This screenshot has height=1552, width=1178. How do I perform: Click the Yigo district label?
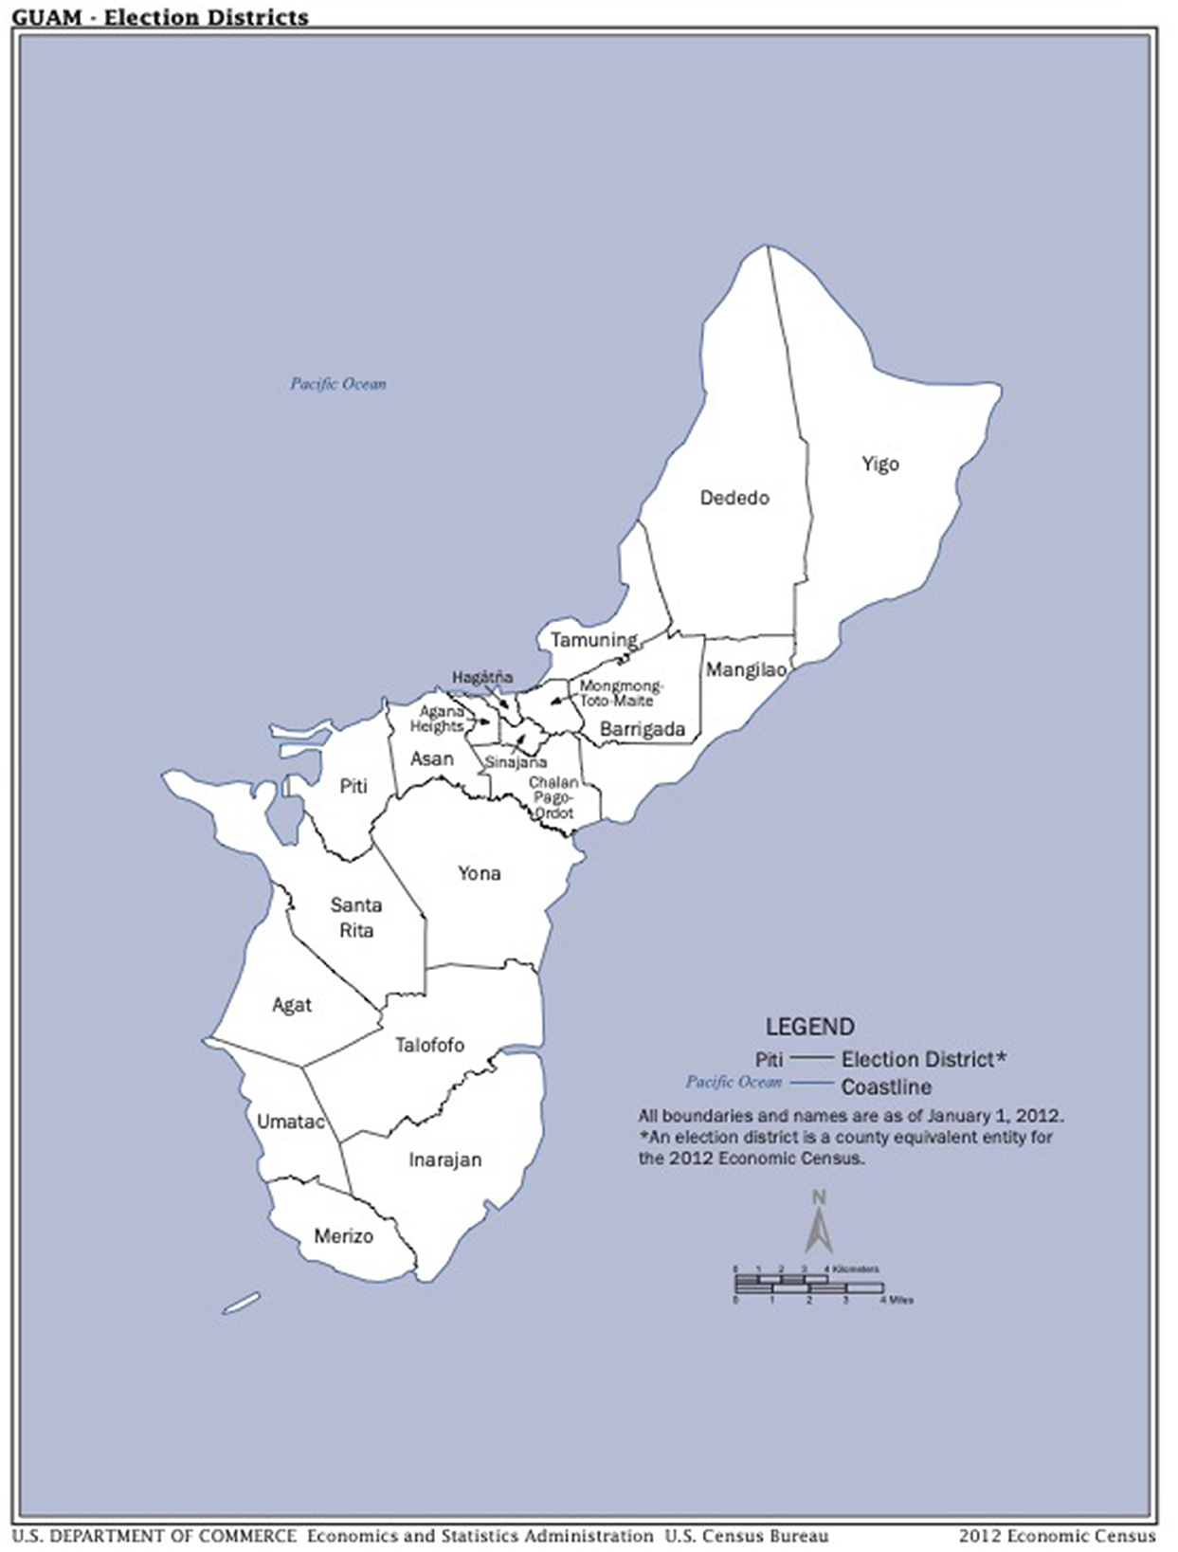pyautogui.click(x=879, y=464)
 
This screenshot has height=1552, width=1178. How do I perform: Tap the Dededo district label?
pyautogui.click(x=734, y=498)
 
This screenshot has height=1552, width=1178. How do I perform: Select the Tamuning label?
pyautogui.click(x=594, y=640)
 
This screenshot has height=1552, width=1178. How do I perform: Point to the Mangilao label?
pyautogui.click(x=746, y=670)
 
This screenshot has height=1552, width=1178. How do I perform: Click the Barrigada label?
pyautogui.click(x=643, y=729)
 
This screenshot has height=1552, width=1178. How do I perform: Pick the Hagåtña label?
pyautogui.click(x=482, y=677)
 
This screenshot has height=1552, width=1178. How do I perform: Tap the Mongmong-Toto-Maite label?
pyautogui.click(x=621, y=693)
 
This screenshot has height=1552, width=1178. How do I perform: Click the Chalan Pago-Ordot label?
pyautogui.click(x=553, y=797)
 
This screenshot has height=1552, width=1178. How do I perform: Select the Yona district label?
pyautogui.click(x=479, y=873)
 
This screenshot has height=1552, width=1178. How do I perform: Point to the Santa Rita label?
pyautogui.click(x=356, y=918)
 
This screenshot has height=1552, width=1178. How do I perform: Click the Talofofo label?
pyautogui.click(x=429, y=1045)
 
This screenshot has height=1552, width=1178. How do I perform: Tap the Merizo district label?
pyautogui.click(x=343, y=1236)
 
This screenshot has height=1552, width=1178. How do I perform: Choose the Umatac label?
pyautogui.click(x=291, y=1122)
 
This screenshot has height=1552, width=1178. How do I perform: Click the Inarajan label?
pyautogui.click(x=445, y=1159)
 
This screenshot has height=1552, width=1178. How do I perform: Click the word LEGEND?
pyautogui.click(x=809, y=1027)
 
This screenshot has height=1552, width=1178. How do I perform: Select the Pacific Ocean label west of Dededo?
pyautogui.click(x=337, y=384)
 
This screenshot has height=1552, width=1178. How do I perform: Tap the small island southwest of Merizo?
pyautogui.click(x=241, y=1304)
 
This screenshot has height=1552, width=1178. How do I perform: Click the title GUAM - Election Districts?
pyautogui.click(x=160, y=17)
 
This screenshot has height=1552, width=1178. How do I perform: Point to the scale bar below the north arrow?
pyautogui.click(x=809, y=1286)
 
